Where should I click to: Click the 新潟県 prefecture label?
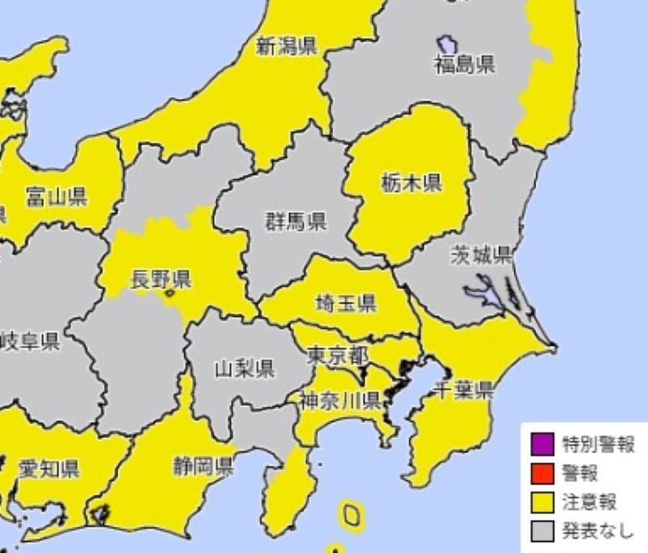tap(286, 46)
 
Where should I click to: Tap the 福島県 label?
tap(464, 66)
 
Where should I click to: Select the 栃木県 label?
tap(411, 184)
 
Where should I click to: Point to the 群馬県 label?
tap(296, 221)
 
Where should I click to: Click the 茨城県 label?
tap(481, 256)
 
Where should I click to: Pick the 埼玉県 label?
tap(345, 304)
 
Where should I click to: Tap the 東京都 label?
tap(338, 355)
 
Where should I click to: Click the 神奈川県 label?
tap(339, 399)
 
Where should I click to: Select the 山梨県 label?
tap(244, 369)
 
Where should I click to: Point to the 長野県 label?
tap(160, 280)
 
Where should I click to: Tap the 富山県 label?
tap(56, 196)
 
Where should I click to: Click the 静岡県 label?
tap(202, 466)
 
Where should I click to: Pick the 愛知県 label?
tap(49, 468)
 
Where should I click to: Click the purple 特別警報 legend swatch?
tap(542, 444)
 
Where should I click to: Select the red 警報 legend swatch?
tap(542, 472)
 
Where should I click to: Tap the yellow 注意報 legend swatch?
tap(542, 501)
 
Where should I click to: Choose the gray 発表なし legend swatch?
tap(542, 530)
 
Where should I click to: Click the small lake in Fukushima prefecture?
tap(446, 44)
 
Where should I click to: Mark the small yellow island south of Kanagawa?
tap(351, 515)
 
